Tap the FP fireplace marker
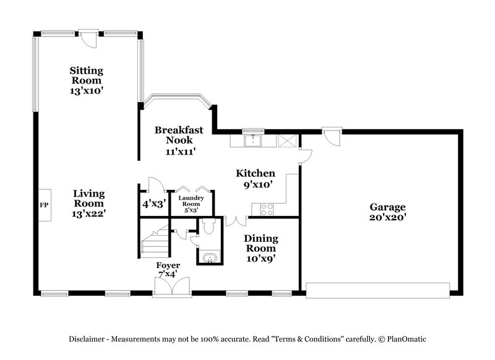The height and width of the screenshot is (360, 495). (43, 204)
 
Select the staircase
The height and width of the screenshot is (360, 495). (153, 242)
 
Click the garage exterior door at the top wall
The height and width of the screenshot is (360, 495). (331, 135)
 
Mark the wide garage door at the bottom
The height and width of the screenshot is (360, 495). (378, 289)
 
